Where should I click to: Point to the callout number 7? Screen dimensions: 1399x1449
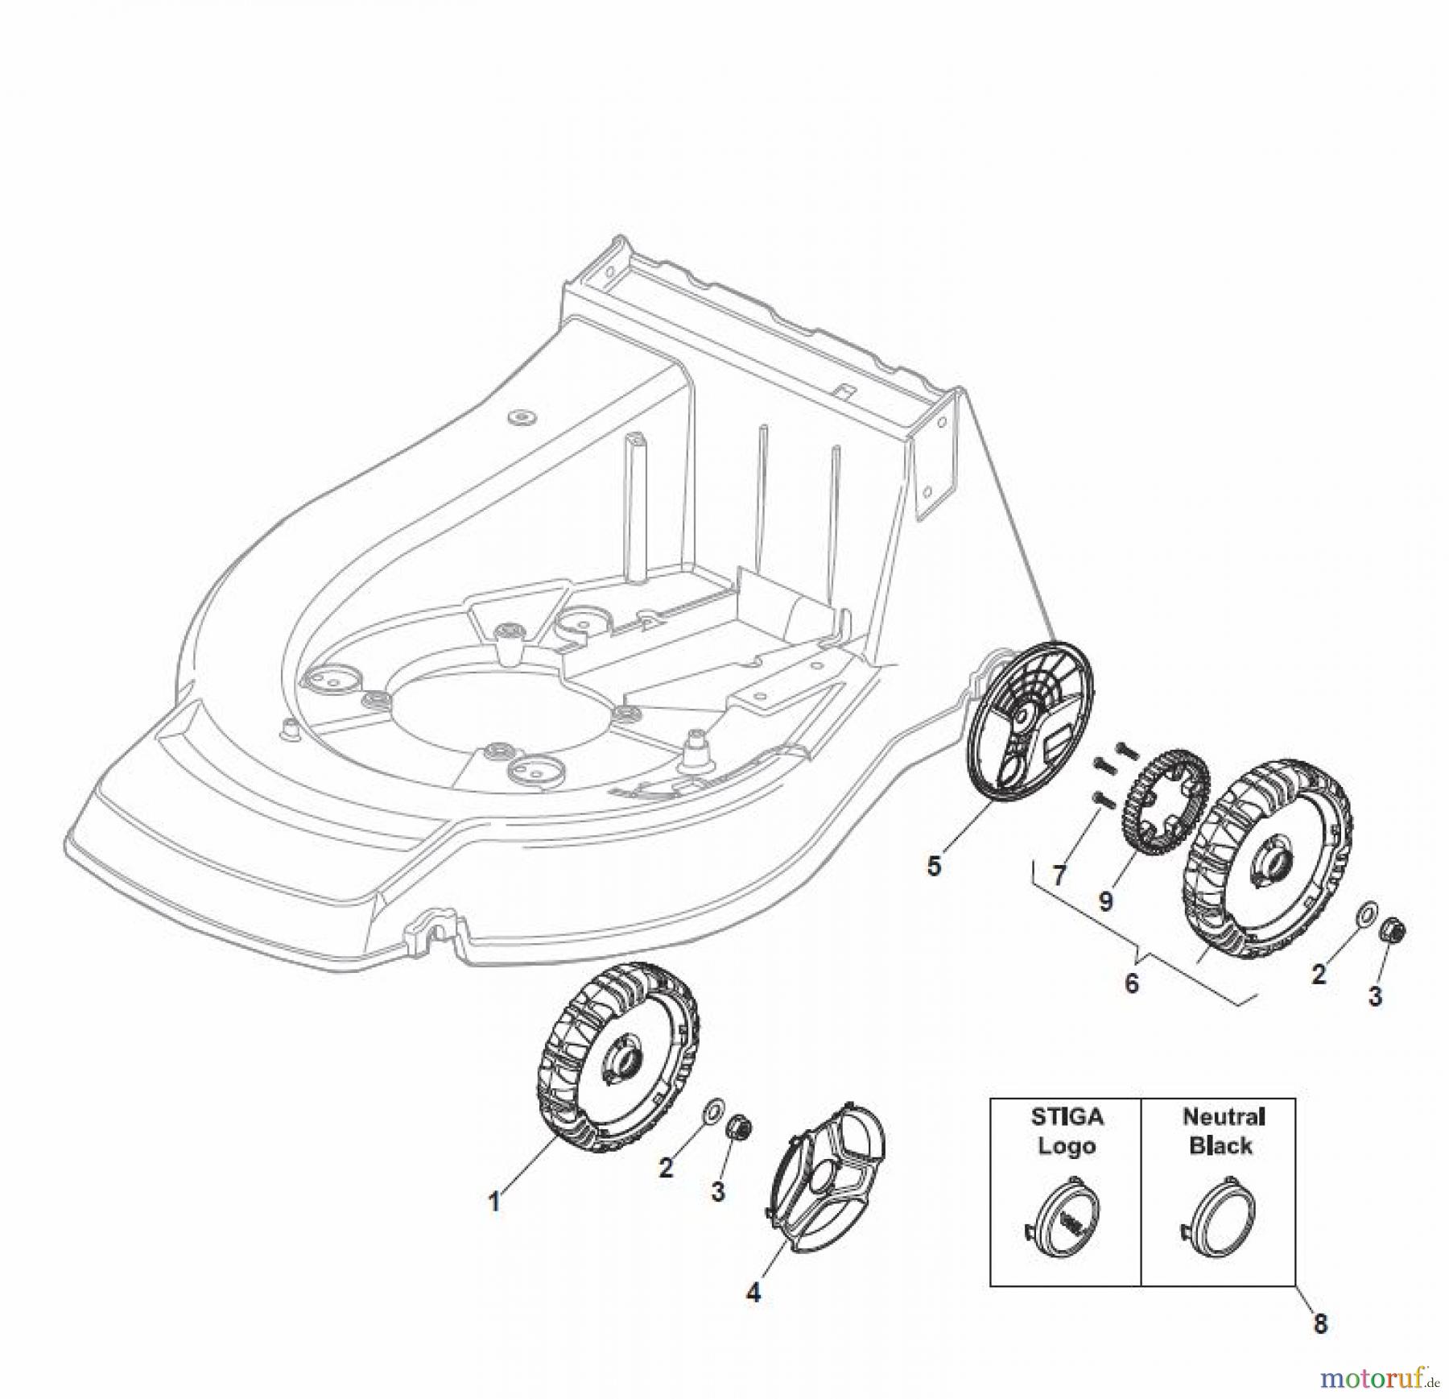1059,875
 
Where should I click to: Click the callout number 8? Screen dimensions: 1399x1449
1320,1323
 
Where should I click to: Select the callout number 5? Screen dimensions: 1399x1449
934,867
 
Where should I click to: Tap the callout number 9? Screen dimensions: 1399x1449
1105,900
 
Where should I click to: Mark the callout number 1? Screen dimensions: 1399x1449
494,1202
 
